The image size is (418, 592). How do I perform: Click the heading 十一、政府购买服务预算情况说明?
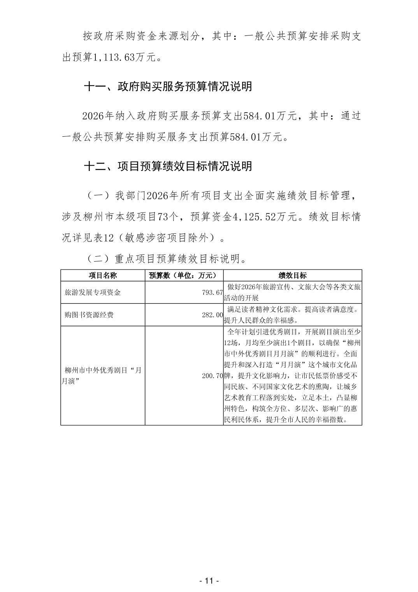click(x=168, y=86)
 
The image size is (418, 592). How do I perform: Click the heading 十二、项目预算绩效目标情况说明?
click(x=168, y=166)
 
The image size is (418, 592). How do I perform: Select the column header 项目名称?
click(x=102, y=275)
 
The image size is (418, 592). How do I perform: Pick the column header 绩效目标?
click(x=292, y=275)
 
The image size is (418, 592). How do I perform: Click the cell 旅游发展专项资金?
click(x=93, y=292)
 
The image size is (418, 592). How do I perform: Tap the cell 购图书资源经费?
click(x=89, y=315)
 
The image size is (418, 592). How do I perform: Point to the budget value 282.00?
click(x=212, y=315)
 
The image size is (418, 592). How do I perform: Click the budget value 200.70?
click(x=212, y=376)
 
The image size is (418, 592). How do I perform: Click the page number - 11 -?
click(x=209, y=581)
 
